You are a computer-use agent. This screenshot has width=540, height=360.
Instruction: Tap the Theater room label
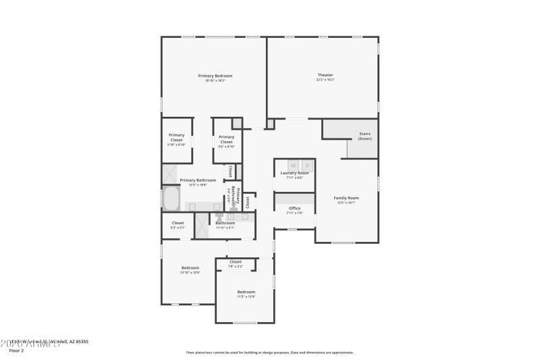(x=325, y=75)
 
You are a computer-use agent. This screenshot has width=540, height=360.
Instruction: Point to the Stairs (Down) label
(x=364, y=136)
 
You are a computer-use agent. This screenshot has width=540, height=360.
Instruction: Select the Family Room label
(x=346, y=198)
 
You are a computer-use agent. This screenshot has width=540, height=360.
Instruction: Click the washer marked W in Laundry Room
(x=294, y=165)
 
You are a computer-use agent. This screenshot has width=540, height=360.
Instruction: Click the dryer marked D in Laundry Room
(x=307, y=165)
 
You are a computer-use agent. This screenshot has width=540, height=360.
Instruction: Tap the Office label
(x=294, y=208)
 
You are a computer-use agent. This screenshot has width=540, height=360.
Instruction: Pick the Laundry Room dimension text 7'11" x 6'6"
(x=294, y=178)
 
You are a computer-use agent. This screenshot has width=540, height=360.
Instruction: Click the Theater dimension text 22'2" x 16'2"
(x=325, y=80)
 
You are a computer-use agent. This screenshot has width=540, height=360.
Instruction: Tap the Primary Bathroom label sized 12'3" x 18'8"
(x=198, y=180)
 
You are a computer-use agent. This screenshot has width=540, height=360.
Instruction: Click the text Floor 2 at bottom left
(x=16, y=351)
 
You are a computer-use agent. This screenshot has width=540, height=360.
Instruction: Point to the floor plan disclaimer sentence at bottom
(x=269, y=352)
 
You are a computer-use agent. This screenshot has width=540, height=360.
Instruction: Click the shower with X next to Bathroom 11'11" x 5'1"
(x=202, y=226)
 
